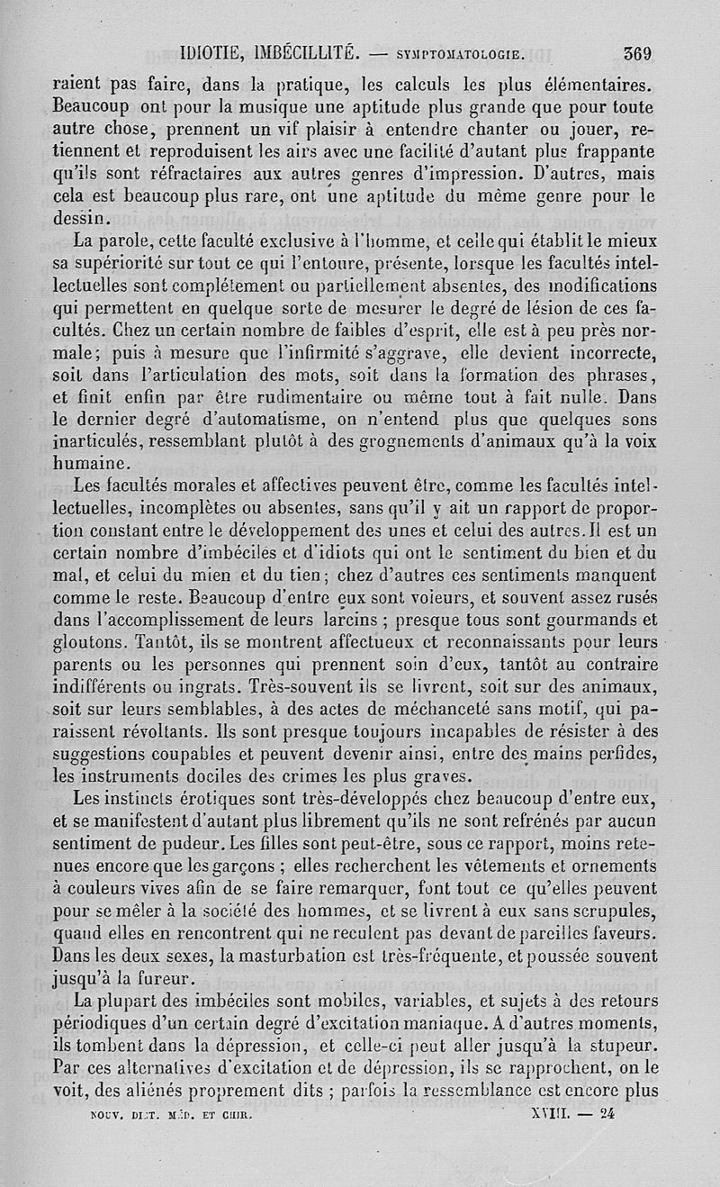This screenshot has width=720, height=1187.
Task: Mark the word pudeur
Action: pyautogui.click(x=181, y=843)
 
